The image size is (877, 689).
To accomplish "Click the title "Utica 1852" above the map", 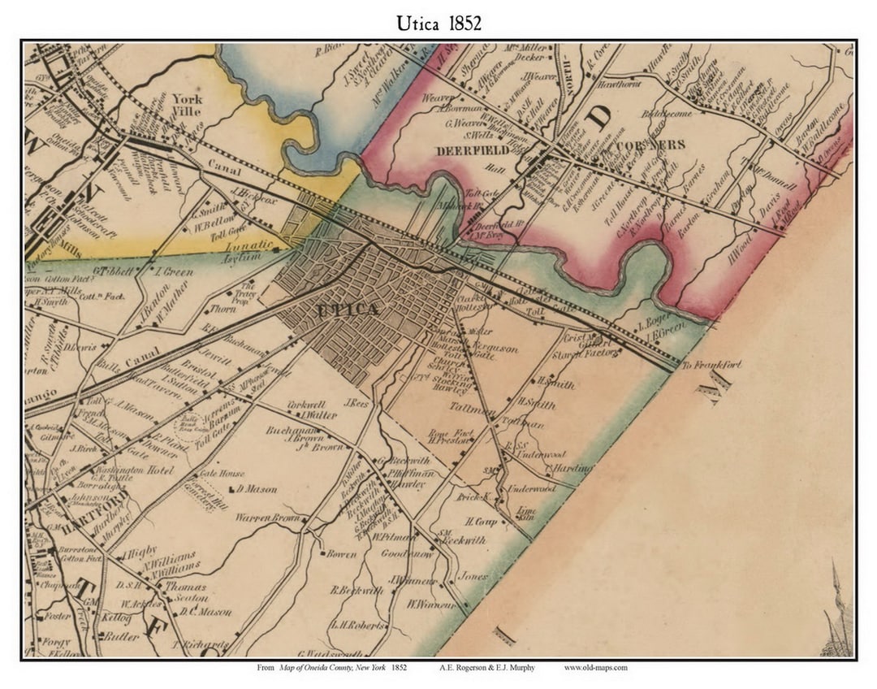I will pos(438,23).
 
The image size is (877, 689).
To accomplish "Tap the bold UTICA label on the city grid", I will pos(347,310).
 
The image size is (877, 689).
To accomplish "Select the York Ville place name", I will pos(188,105).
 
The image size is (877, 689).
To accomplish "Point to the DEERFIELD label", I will pos(472,150).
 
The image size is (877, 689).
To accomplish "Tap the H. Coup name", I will pos(480,521).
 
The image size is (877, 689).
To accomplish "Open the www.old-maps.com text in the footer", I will pos(595,668).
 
